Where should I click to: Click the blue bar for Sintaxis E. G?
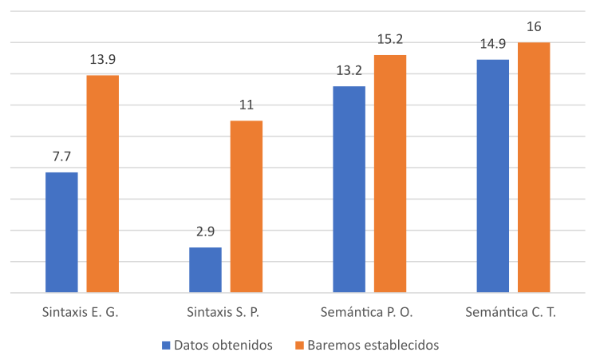(x=61, y=232)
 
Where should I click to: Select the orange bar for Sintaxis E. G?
(x=103, y=184)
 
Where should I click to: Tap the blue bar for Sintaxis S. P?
(x=205, y=270)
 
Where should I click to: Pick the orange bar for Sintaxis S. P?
(x=247, y=207)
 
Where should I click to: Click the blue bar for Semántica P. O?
(x=349, y=189)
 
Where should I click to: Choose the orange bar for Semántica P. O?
(x=390, y=173)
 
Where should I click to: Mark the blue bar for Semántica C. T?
(x=492, y=176)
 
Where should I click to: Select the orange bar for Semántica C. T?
(x=534, y=167)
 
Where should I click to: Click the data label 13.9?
(x=103, y=60)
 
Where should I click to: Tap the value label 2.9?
(x=205, y=232)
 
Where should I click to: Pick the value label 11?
(x=247, y=105)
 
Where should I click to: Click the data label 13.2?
(x=349, y=71)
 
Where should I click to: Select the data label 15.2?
(x=390, y=40)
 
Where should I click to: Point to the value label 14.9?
(x=492, y=45)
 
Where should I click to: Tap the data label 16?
(x=534, y=27)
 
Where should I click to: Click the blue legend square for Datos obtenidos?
(x=166, y=346)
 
